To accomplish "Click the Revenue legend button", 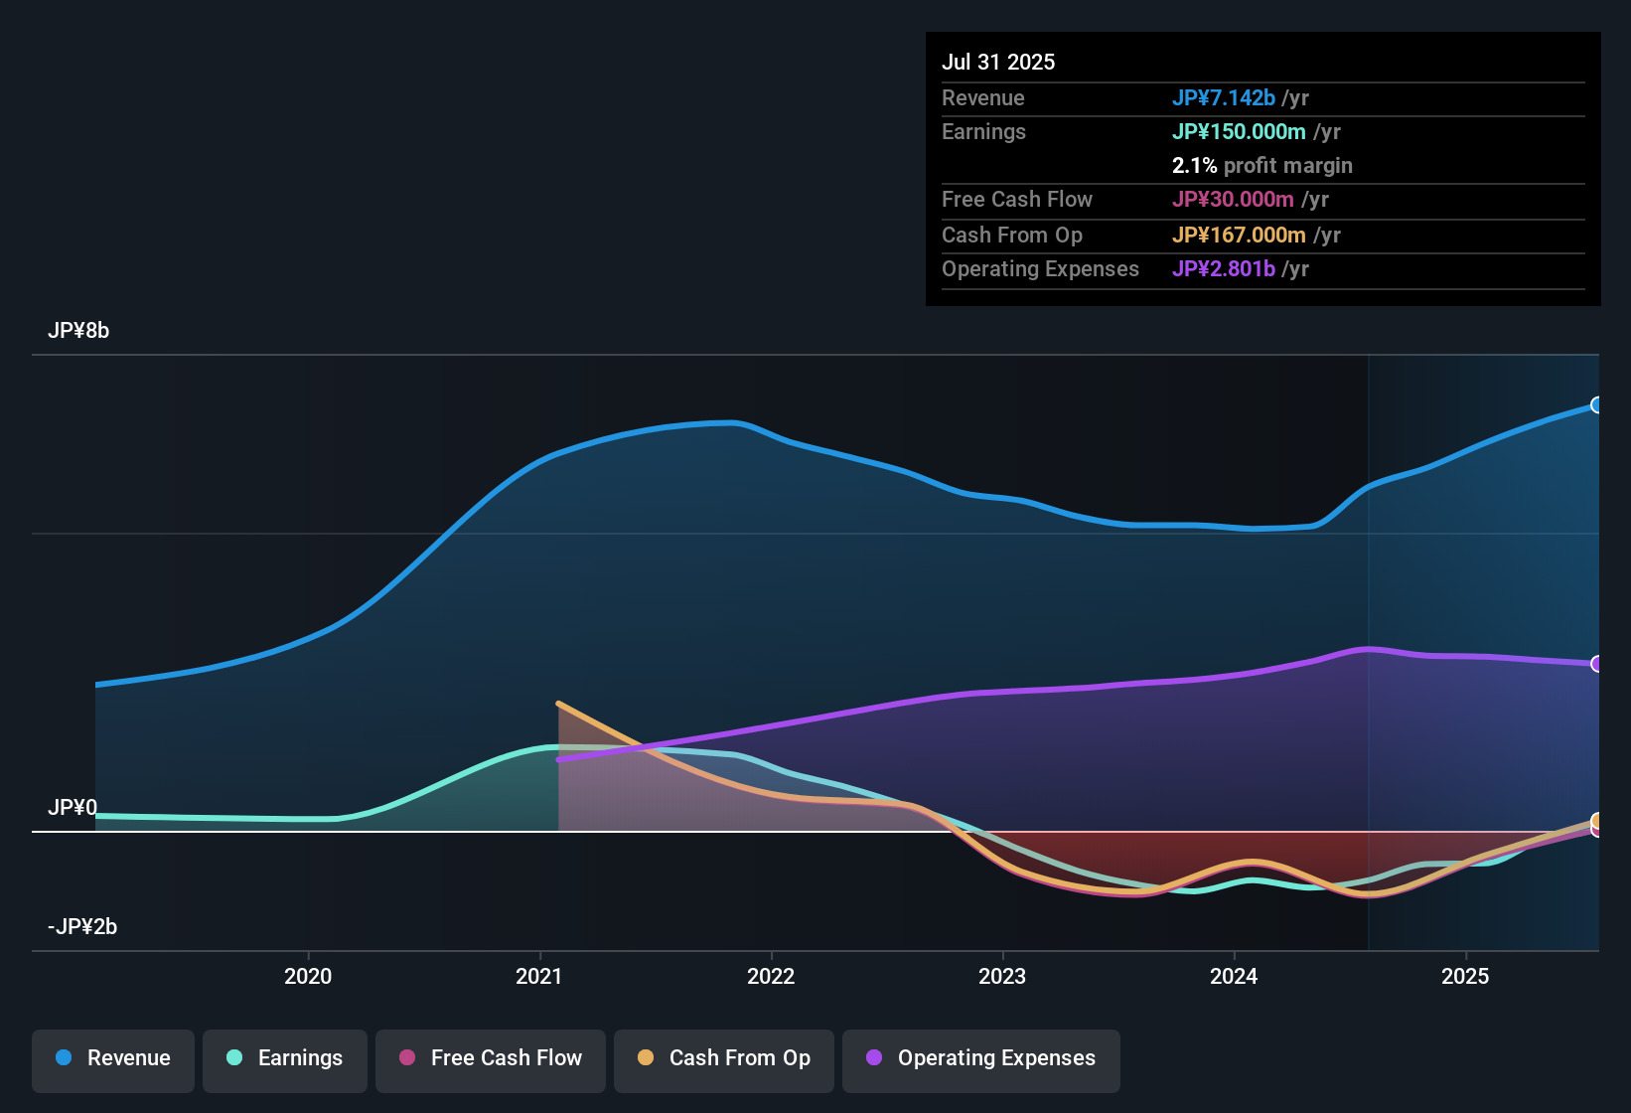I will click(113, 1058).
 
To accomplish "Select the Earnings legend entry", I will click(285, 1058).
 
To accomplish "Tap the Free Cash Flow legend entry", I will click(491, 1058).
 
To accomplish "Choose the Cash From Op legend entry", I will click(724, 1058).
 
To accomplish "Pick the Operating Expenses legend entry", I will click(981, 1058).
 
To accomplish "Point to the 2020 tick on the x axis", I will click(308, 976).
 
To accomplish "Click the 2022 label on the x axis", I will click(771, 976).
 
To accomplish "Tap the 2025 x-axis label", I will click(1465, 976).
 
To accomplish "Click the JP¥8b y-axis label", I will click(78, 331).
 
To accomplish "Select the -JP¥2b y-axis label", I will click(82, 927).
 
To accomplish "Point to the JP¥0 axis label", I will click(73, 808).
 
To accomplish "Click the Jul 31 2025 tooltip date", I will click(998, 62).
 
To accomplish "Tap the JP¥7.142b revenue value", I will click(1223, 97).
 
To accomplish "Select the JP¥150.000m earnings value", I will click(1239, 131).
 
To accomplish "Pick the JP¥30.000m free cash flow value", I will click(1233, 199).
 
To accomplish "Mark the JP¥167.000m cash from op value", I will click(1239, 235).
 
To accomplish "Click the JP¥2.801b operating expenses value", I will click(1223, 268).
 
